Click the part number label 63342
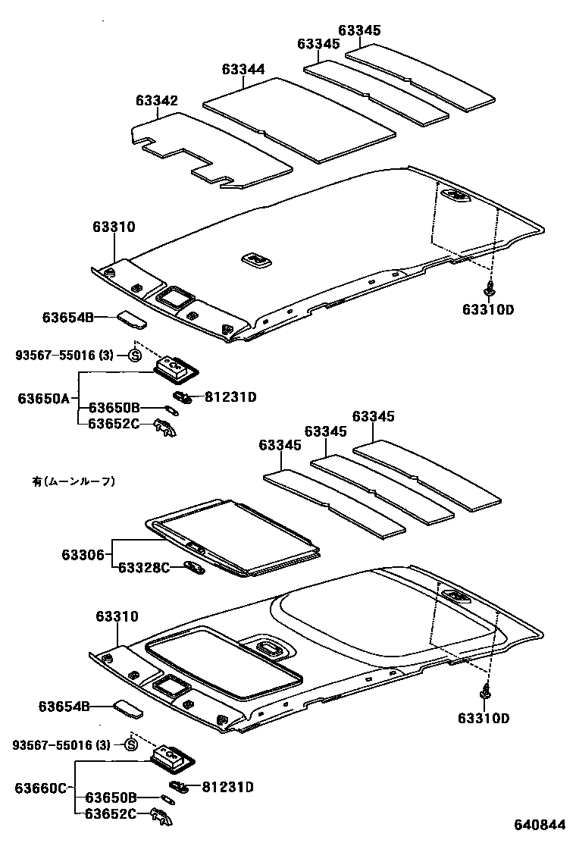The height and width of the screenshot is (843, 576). pyautogui.click(x=157, y=101)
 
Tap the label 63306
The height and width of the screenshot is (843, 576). pyautogui.click(x=83, y=554)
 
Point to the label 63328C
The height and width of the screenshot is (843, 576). pyautogui.click(x=144, y=567)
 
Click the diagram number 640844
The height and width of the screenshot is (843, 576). pyautogui.click(x=540, y=825)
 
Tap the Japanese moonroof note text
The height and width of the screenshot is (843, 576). pyautogui.click(x=74, y=480)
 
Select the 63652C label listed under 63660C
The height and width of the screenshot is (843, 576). pyautogui.click(x=111, y=814)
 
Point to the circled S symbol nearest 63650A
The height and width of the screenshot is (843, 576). pyautogui.click(x=135, y=355)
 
